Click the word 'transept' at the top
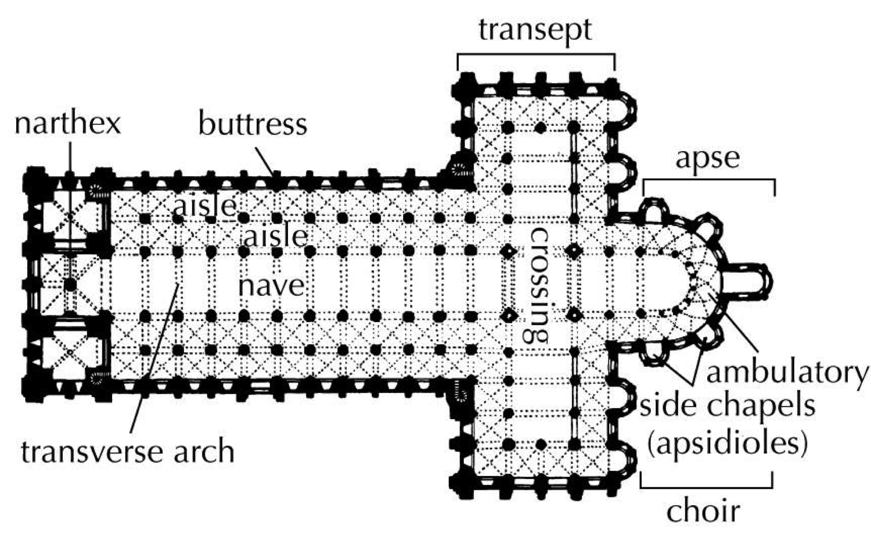point(535,29)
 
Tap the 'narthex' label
point(67,123)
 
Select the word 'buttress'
point(253,124)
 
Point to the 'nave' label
point(272,285)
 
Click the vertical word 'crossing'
point(538,283)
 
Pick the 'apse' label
point(708,158)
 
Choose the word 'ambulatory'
point(787,373)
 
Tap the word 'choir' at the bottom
point(703,510)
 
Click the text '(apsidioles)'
point(727,444)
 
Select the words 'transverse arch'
point(128,452)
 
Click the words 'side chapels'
point(727,406)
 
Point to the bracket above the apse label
point(709,181)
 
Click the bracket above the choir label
point(707,485)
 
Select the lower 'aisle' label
point(275,235)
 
